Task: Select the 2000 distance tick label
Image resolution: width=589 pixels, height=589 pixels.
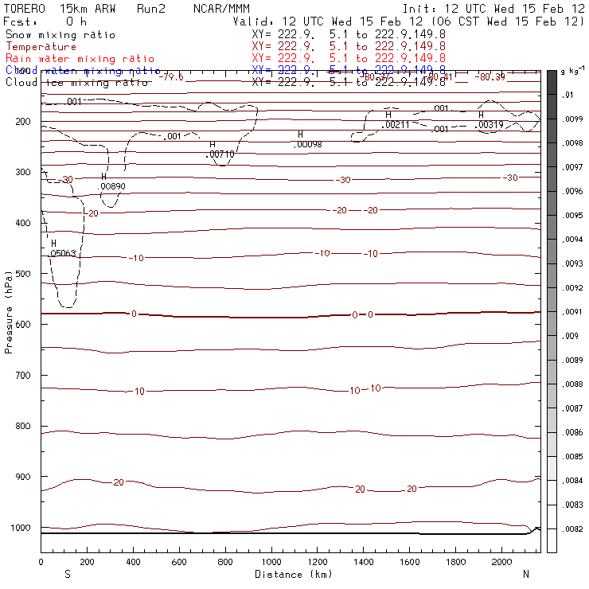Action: point(501,562)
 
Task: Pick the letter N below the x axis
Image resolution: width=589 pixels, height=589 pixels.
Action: point(525,574)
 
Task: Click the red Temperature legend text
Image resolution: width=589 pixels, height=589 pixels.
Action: point(41,47)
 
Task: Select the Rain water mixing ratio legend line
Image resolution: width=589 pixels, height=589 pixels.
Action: point(80,59)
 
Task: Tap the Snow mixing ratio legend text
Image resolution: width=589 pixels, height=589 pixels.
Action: point(60,35)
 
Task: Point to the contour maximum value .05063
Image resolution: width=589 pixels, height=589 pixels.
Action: point(63,253)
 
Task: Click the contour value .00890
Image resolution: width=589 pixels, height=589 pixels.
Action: point(112,186)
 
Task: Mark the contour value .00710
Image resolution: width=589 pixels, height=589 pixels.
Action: point(221,154)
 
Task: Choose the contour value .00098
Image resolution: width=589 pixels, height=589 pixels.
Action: point(308,144)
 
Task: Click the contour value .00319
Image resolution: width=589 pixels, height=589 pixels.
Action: point(490,125)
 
